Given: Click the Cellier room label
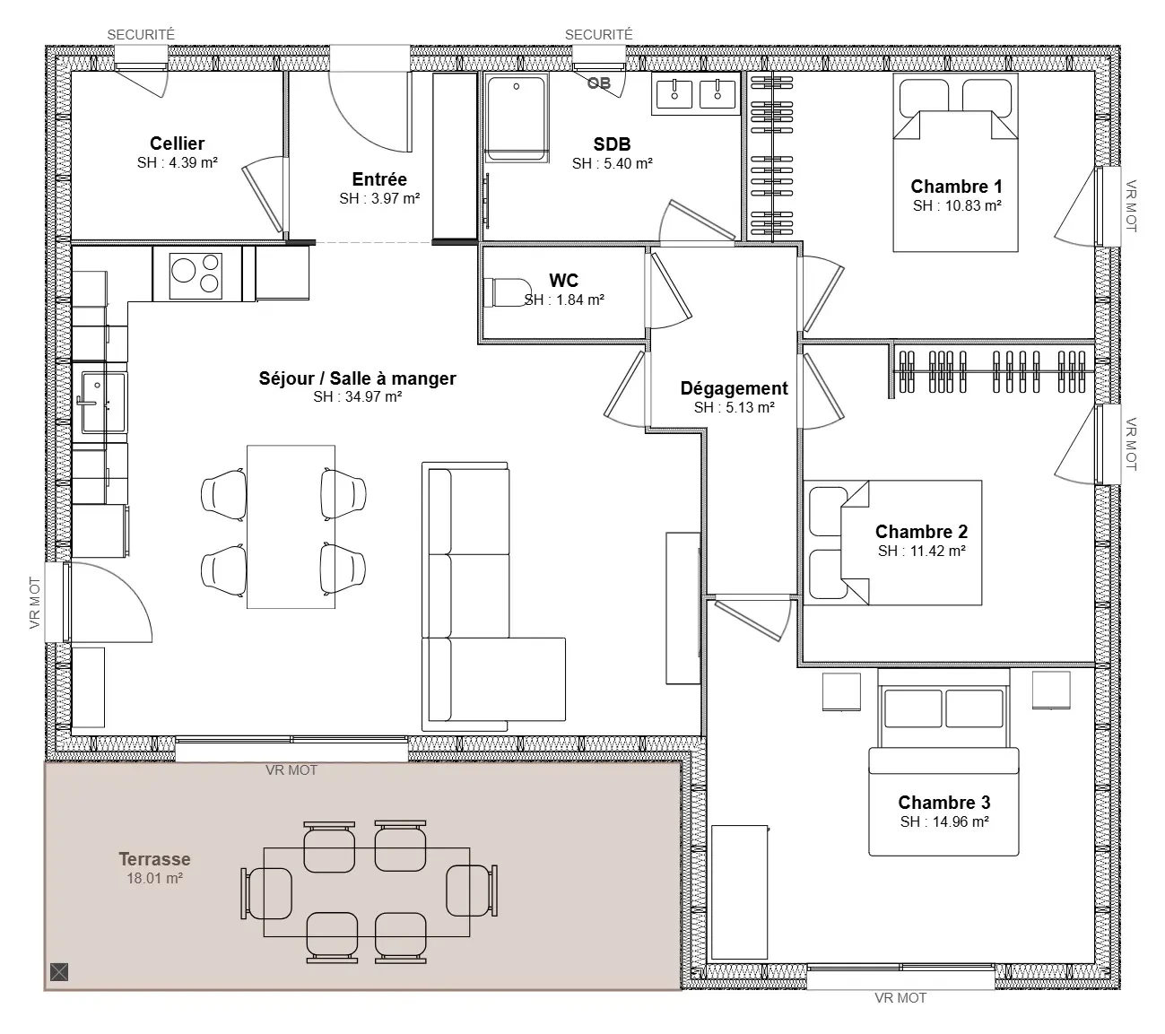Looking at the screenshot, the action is tap(177, 143).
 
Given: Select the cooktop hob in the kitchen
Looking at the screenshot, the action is tap(196, 274).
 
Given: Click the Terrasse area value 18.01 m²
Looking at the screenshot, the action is tap(154, 878).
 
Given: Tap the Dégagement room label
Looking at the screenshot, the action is tap(734, 388).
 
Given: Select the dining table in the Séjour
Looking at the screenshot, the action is tap(291, 526).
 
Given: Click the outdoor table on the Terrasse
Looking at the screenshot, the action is tap(367, 892).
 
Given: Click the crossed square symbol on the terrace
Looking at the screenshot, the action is tap(59, 972).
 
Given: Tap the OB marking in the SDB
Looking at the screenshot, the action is tap(598, 83).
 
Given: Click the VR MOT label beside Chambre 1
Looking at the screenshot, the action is tap(1131, 206).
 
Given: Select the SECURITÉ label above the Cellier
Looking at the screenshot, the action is tap(141, 34).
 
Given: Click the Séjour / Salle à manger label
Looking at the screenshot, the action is tap(357, 378).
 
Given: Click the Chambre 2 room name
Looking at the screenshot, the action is tap(921, 532).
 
